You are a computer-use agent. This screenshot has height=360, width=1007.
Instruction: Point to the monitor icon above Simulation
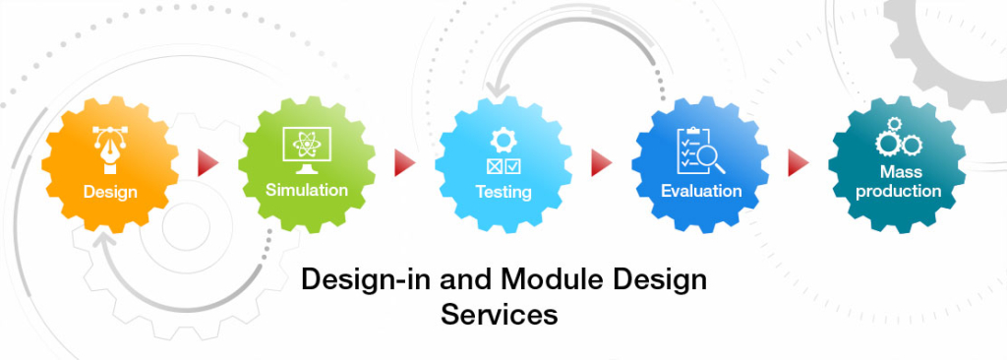click(306, 147)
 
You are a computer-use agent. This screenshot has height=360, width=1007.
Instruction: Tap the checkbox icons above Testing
click(503, 164)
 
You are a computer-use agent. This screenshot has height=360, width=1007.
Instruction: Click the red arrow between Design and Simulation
click(207, 162)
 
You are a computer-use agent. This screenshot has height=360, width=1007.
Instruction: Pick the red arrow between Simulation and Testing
click(404, 162)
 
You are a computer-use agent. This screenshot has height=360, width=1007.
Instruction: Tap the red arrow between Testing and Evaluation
click(601, 162)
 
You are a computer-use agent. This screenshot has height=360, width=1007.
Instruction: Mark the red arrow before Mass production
click(798, 162)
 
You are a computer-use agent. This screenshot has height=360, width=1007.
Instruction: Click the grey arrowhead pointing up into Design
click(102, 239)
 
